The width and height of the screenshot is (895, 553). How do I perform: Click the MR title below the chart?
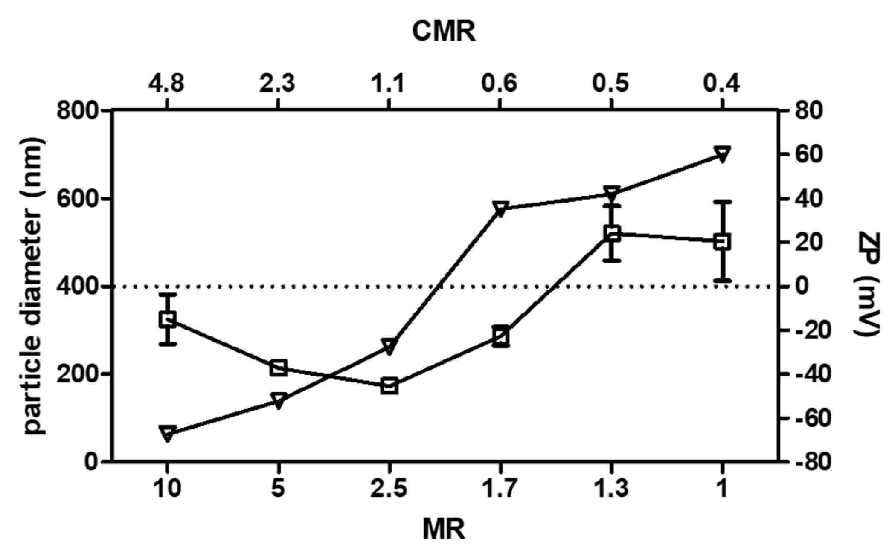tap(444, 529)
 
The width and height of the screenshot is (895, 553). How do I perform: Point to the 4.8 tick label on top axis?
tap(167, 82)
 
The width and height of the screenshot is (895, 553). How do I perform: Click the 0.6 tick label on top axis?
tap(500, 82)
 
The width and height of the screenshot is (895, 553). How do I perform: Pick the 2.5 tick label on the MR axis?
tap(389, 489)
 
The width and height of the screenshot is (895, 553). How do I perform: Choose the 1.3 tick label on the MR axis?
tap(611, 489)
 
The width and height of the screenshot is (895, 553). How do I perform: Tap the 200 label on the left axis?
tap(77, 374)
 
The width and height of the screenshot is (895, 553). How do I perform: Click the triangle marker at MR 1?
tap(722, 153)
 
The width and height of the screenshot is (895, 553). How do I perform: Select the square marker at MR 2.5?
tap(389, 386)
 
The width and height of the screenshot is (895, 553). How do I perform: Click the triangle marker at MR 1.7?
tap(500, 208)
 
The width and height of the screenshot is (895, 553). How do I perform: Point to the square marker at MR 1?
tap(722, 242)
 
